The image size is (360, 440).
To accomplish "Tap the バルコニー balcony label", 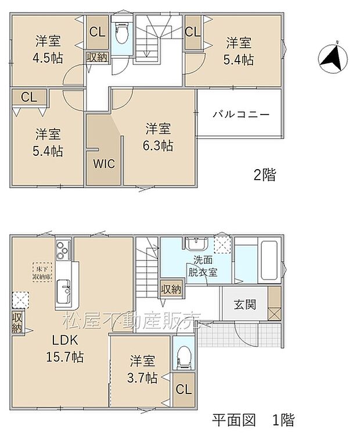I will tap(240, 114).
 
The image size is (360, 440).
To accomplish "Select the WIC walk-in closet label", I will tap(104, 163).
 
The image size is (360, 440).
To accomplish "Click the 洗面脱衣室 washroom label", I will tap(201, 268).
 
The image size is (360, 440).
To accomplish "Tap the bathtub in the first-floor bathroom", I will tap(270, 260).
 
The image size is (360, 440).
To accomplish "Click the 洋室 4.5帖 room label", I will tap(48, 49).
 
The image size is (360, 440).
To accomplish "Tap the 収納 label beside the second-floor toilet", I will tap(96, 57).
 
